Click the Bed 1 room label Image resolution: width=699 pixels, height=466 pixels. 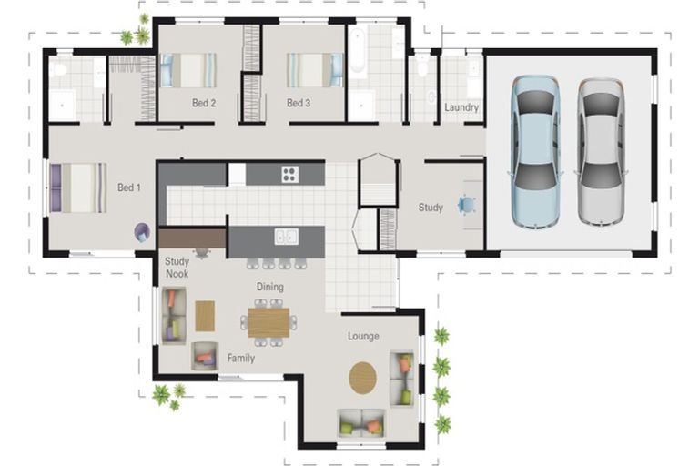pos(129,187)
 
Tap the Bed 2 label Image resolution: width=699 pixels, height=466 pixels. pos(204,103)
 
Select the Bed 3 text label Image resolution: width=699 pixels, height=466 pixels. pos(299,103)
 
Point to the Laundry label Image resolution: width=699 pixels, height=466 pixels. pos(461,107)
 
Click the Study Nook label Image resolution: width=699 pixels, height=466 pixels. pos(177,268)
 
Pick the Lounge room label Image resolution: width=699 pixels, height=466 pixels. pos(363,336)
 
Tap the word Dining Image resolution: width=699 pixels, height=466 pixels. pos(269,287)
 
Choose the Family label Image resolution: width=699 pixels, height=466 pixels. pos(240,358)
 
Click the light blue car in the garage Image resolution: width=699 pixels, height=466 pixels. pos(535,153)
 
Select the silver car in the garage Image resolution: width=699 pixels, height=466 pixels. pos(601,152)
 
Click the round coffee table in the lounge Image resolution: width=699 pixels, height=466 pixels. pos(362,378)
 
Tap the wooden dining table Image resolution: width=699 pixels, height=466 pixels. pos(268,322)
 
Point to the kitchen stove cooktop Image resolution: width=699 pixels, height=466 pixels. pos(289,174)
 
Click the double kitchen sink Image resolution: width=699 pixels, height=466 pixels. pos(286,237)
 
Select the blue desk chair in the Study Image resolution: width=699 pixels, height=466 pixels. pos(466,205)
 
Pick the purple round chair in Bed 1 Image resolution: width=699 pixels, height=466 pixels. pos(142,232)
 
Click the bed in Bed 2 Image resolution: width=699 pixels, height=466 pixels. pos(187,70)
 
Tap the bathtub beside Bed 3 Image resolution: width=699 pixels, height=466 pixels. pos(358,50)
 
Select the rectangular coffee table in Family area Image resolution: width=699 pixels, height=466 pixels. pos(205,316)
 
